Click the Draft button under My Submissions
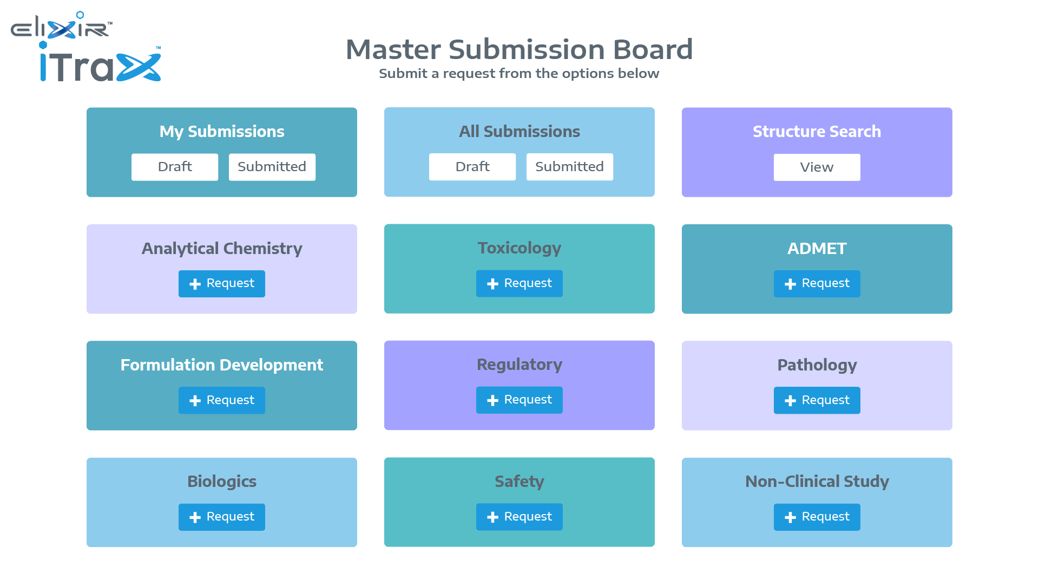[175, 167]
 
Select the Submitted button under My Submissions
[272, 167]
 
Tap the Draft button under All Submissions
[472, 167]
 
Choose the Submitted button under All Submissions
[569, 167]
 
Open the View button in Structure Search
[817, 167]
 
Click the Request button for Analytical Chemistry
[222, 284]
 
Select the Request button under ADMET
[817, 284]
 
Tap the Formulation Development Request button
[222, 400]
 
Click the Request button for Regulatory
[519, 400]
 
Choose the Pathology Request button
[817, 400]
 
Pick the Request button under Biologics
[222, 517]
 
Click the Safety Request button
[519, 517]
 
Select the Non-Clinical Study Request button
[817, 517]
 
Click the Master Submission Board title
[519, 49]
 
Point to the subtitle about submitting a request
[519, 74]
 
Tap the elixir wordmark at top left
[61, 27]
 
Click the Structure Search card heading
[817, 132]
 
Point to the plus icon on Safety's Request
[492, 517]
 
